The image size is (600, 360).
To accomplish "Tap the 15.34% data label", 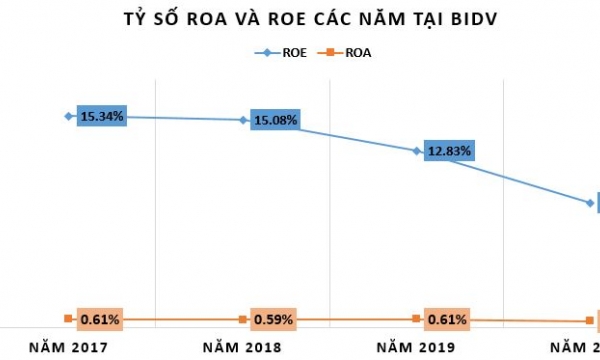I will [101, 116].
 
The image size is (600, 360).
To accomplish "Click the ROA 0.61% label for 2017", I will [100, 319].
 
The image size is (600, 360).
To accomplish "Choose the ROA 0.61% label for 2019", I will [446, 320].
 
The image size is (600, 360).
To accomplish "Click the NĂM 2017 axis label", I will [67, 347].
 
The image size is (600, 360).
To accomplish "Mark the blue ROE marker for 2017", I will [68, 116].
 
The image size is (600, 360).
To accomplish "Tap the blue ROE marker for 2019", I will [416, 151].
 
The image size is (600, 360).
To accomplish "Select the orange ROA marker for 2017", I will [68, 318].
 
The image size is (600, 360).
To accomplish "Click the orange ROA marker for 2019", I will [416, 318].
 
